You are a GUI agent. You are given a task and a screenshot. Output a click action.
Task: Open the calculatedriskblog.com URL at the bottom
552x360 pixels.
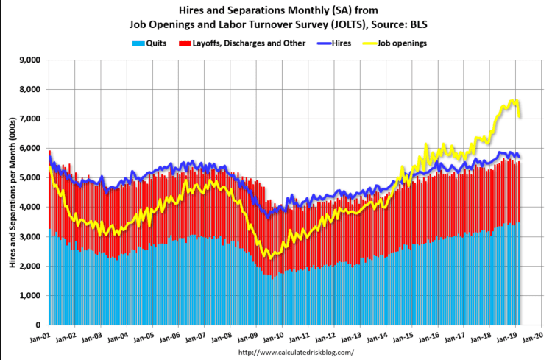[291, 353]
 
